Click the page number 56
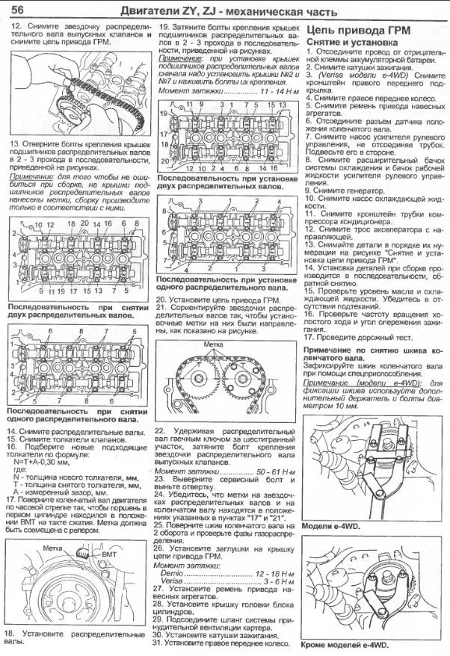tap(20, 10)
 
